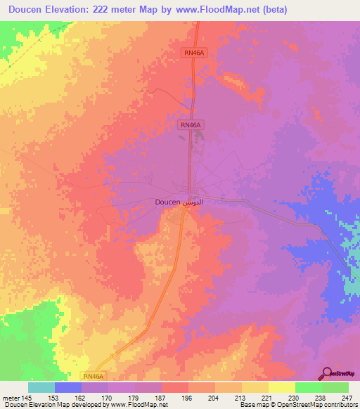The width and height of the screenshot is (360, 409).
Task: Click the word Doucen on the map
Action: coord(167,202)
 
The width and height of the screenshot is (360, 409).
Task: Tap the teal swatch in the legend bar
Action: coord(41,387)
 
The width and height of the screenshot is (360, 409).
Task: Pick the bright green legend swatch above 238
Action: coord(309,387)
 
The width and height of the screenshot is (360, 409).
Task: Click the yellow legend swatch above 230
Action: coord(282,387)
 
